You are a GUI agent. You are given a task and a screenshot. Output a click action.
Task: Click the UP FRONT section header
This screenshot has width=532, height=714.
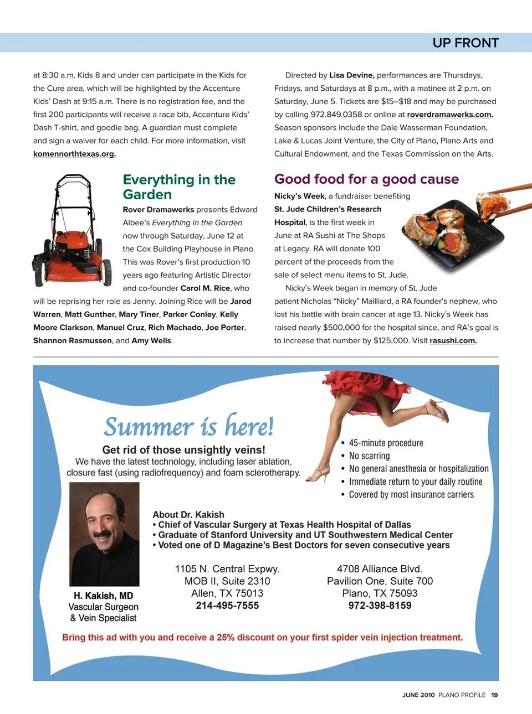click(465, 43)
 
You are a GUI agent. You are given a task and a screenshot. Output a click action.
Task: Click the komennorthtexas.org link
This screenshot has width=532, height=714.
click(74, 154)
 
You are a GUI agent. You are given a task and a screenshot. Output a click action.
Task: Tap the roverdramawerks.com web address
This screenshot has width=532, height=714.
click(449, 115)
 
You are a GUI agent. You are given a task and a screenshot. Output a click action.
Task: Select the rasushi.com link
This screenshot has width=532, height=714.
click(452, 341)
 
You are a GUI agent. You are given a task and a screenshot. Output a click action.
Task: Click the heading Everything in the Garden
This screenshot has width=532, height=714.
click(178, 187)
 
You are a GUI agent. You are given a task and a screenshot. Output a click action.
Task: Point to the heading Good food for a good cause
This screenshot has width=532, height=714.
click(366, 179)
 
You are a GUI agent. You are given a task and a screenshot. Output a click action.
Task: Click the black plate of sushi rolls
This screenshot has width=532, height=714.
click(449, 235)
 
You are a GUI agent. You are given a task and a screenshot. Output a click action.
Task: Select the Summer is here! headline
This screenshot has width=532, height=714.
click(188, 427)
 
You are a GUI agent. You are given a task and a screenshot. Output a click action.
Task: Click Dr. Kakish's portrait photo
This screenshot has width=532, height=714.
click(104, 534)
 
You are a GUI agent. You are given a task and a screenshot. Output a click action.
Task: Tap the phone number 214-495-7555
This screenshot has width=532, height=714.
click(227, 606)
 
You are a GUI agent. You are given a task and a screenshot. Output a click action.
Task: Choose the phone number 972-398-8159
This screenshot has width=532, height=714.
click(380, 606)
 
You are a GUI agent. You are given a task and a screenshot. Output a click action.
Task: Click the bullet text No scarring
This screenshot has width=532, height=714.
click(369, 456)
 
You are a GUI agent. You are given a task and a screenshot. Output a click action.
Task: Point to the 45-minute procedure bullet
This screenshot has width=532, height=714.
click(386, 443)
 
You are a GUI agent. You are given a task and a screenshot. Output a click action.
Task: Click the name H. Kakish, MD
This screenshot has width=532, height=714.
click(104, 596)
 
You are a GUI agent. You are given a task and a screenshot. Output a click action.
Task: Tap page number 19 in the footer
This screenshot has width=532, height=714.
click(494, 695)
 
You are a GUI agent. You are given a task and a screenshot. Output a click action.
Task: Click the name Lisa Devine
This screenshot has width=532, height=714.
click(352, 75)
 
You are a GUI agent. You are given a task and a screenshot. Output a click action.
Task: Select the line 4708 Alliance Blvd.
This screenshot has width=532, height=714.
click(380, 569)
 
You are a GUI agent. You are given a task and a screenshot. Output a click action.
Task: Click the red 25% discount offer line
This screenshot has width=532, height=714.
click(262, 638)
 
